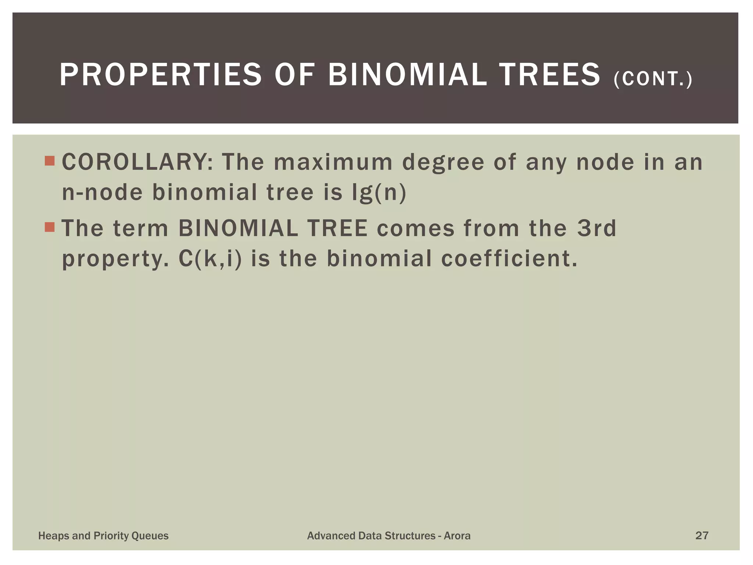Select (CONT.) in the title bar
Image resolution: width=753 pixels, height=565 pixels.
coord(653,79)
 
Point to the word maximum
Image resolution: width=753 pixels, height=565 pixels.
coord(333,162)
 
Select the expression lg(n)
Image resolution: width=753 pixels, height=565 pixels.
coord(379,192)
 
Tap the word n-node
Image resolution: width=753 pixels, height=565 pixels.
coord(102,192)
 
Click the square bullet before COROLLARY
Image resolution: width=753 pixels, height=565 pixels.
coord(49,161)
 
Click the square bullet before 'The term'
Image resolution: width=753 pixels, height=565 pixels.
coord(49,227)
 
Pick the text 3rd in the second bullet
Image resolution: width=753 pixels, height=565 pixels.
coord(596,228)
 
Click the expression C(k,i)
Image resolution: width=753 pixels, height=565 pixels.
coord(210,259)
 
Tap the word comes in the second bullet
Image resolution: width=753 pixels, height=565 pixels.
coord(415,228)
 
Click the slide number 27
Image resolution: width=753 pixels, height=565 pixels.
coord(702,535)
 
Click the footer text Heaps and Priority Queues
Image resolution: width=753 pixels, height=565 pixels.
coord(103,536)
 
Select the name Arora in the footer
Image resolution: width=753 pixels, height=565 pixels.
coord(457,536)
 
